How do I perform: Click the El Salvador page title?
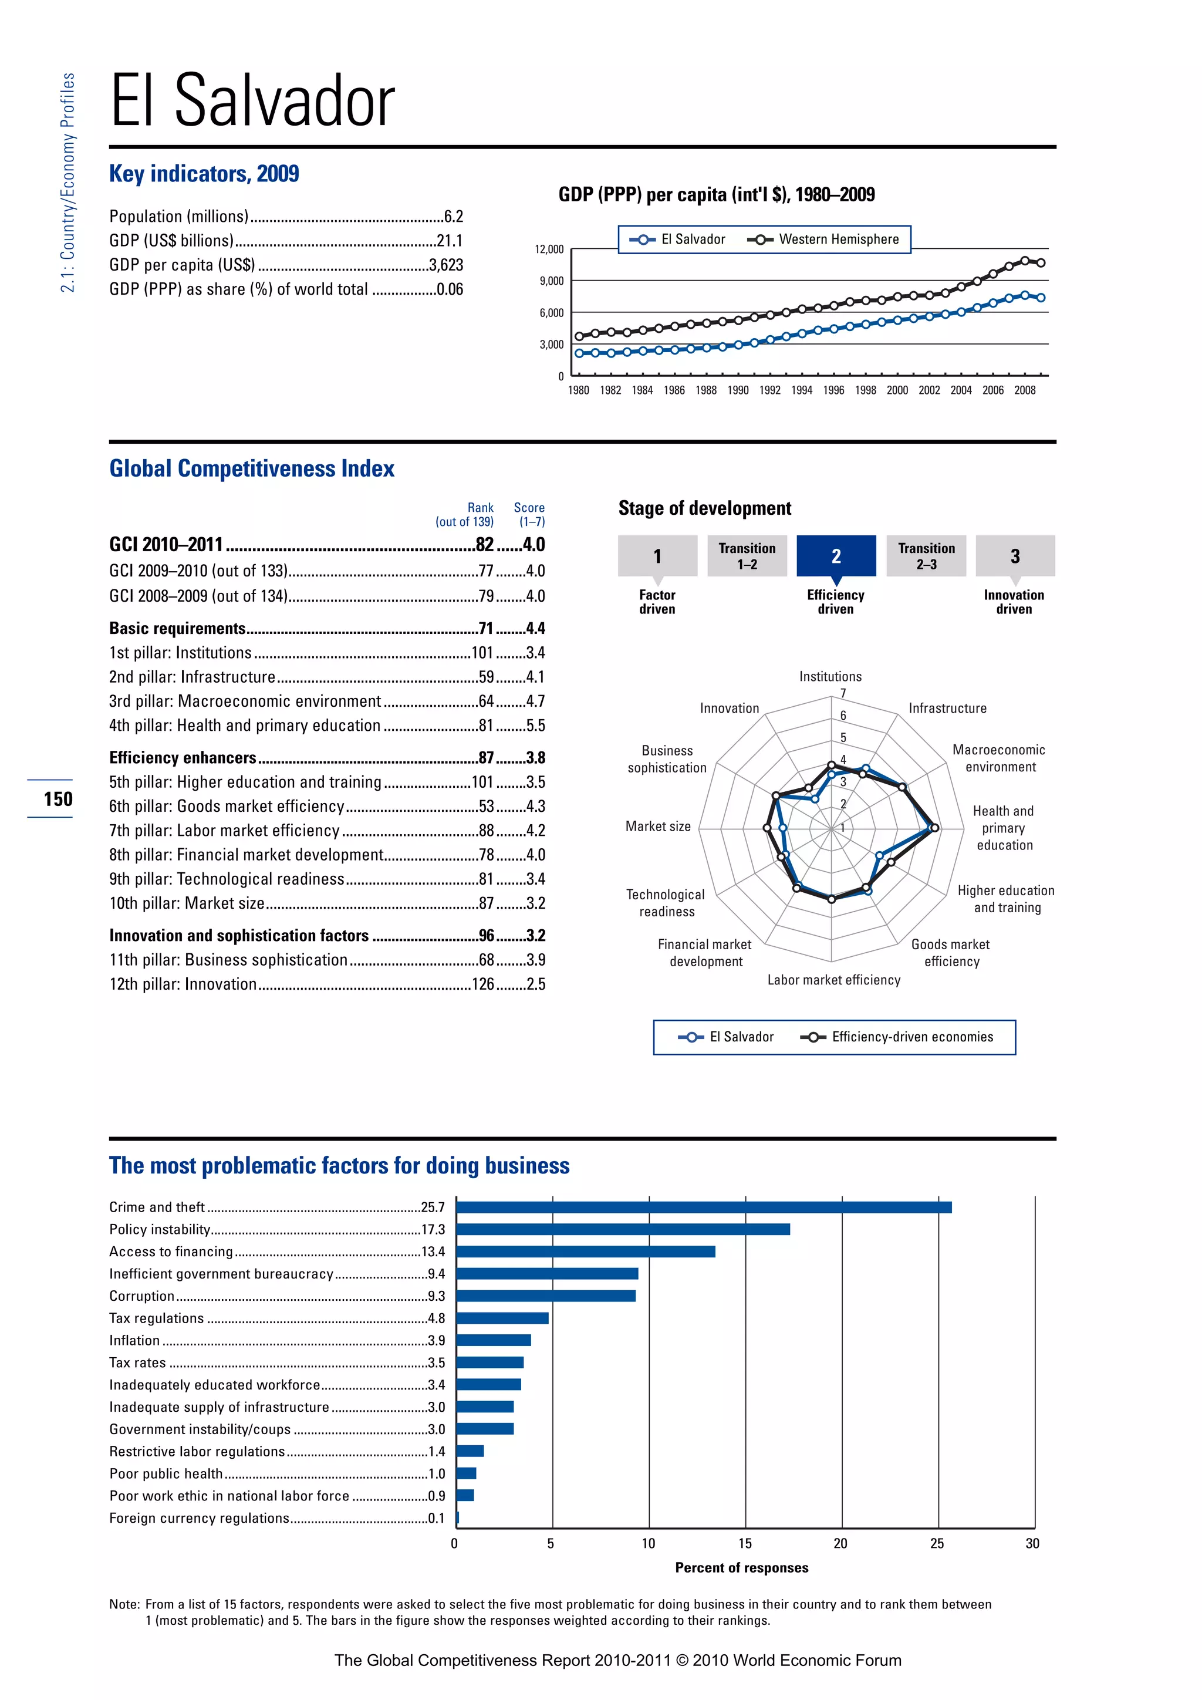(x=252, y=101)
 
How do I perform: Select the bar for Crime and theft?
(x=703, y=1207)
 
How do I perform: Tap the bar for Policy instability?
(x=623, y=1229)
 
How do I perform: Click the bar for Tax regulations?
(x=502, y=1318)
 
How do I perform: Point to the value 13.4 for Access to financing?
(x=433, y=1252)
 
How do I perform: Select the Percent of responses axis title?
(x=742, y=1567)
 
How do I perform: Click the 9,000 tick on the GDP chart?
(x=552, y=281)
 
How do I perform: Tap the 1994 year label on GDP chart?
(x=802, y=390)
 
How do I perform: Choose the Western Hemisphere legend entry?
(x=825, y=239)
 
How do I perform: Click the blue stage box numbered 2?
(x=836, y=555)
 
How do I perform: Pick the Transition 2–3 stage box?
(x=926, y=555)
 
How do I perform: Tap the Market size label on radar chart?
(x=657, y=827)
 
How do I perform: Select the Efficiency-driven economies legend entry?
(x=899, y=1037)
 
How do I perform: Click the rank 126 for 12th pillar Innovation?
(x=482, y=984)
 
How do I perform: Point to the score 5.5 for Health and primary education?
(x=535, y=726)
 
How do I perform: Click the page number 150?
(x=58, y=799)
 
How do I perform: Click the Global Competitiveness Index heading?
(x=252, y=468)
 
